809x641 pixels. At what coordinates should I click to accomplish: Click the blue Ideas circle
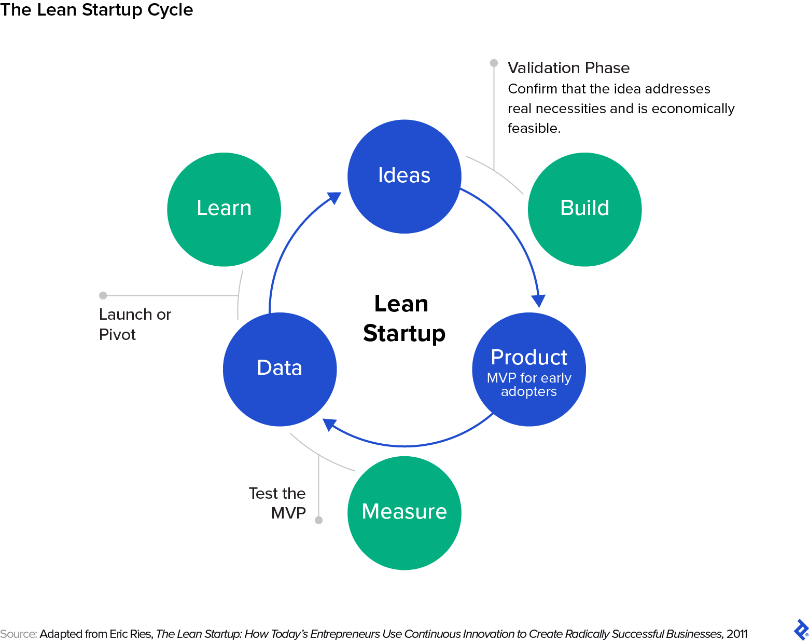[x=404, y=176]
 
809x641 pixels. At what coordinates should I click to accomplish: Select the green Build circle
[x=584, y=209]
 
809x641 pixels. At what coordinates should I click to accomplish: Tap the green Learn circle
[x=224, y=209]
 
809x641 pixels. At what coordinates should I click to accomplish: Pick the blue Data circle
[x=280, y=369]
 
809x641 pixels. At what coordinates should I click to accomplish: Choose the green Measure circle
[x=404, y=513]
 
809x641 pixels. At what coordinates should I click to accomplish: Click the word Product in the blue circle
[x=529, y=358]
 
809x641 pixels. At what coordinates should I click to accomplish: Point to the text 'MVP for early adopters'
[x=529, y=385]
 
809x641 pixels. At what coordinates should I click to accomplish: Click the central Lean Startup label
[x=403, y=318]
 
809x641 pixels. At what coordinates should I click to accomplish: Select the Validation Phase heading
[x=568, y=68]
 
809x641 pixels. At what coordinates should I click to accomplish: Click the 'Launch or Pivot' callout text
[x=135, y=324]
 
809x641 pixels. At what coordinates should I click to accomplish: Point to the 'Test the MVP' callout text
[x=277, y=503]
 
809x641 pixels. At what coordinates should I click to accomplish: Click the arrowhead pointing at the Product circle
[x=539, y=301]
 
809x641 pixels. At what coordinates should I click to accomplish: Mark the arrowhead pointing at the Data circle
[x=329, y=425]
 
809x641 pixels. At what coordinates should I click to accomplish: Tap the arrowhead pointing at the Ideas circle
[x=334, y=198]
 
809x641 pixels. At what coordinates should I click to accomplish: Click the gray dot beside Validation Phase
[x=494, y=63]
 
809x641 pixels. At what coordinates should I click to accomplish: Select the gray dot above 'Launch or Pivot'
[x=103, y=295]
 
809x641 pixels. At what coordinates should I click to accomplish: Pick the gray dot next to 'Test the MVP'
[x=319, y=520]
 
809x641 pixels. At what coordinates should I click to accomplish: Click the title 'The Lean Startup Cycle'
[x=96, y=10]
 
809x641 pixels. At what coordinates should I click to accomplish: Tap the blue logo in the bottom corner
[x=801, y=630]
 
